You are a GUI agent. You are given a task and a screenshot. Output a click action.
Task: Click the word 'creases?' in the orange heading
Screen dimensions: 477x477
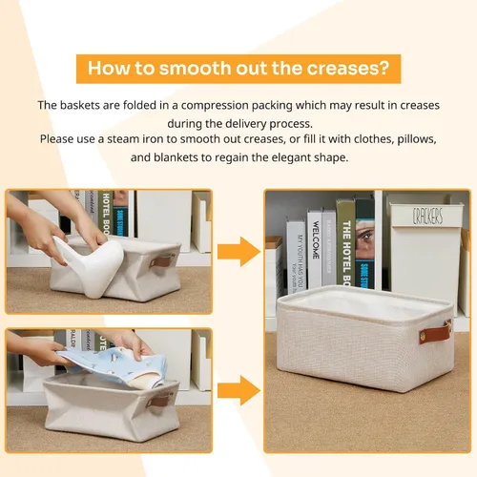pyautogui.click(x=347, y=69)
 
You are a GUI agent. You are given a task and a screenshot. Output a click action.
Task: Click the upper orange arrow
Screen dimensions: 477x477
pyautogui.click(x=237, y=252)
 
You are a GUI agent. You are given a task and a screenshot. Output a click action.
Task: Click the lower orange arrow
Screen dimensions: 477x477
pyautogui.click(x=237, y=389)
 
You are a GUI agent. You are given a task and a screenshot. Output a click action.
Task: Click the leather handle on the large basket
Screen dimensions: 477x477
pyautogui.click(x=441, y=335)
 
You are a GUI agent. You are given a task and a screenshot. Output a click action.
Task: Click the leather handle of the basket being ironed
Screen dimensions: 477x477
pyautogui.click(x=164, y=261)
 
